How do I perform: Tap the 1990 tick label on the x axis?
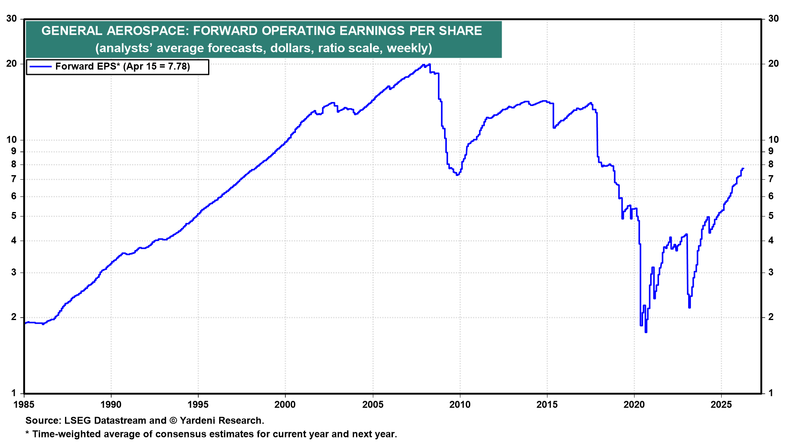click(111, 405)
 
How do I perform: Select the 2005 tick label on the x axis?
click(373, 405)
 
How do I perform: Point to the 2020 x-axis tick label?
click(634, 405)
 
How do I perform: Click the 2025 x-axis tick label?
click(721, 405)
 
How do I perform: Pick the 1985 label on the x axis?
click(24, 405)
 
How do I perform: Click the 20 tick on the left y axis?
click(11, 63)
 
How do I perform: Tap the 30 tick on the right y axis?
click(774, 18)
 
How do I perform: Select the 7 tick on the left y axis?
click(14, 179)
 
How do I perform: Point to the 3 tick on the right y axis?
click(771, 273)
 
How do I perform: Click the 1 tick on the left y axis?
click(14, 393)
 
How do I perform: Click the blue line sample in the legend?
click(40, 67)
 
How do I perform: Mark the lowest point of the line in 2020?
click(646, 332)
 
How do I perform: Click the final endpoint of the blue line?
click(743, 168)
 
